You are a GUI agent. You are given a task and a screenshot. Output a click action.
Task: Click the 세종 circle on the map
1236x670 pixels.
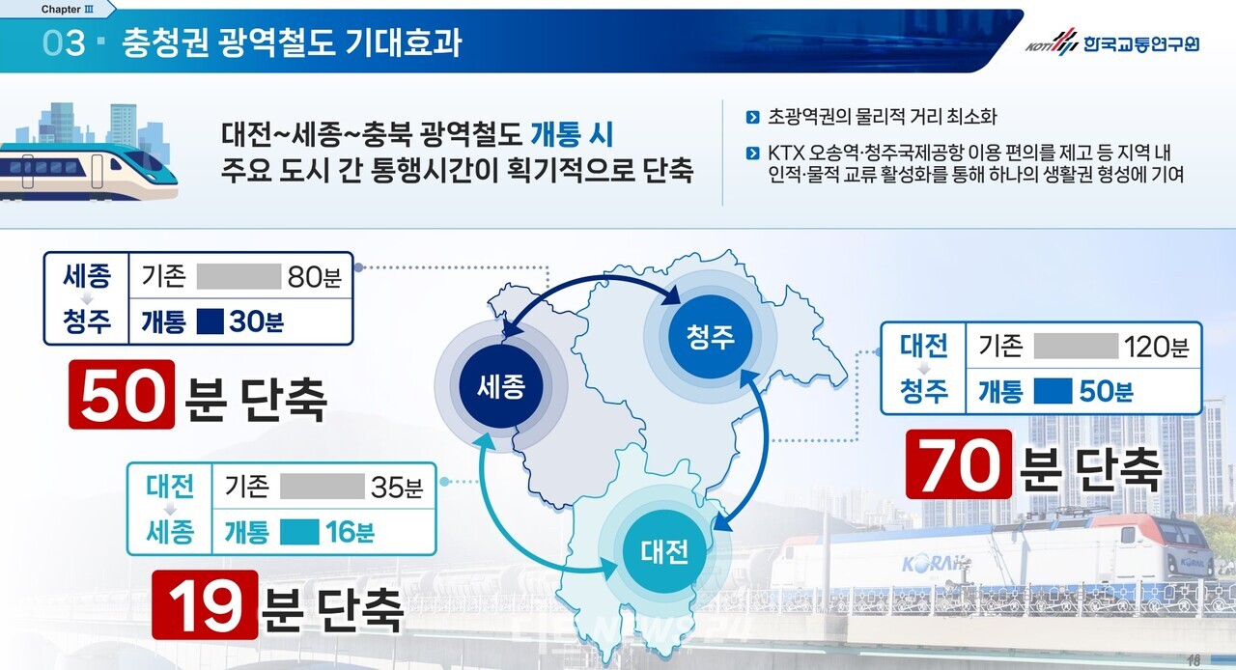click(x=499, y=387)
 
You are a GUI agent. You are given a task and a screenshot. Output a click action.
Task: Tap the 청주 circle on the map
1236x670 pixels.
click(x=711, y=336)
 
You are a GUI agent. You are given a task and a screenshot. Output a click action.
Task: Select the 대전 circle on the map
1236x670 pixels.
click(x=664, y=551)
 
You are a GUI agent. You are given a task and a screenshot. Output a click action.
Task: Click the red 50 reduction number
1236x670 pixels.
click(x=122, y=395)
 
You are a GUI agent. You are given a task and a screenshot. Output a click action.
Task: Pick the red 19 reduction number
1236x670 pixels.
click(x=205, y=604)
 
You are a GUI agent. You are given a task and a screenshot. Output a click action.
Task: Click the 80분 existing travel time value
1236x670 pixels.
click(x=314, y=277)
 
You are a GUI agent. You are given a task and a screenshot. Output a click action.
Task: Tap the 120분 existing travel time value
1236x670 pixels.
click(x=1157, y=346)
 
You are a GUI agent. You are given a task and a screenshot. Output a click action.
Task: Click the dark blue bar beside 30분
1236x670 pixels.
click(x=210, y=321)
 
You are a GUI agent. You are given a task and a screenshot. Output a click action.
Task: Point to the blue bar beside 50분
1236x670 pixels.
click(x=1052, y=390)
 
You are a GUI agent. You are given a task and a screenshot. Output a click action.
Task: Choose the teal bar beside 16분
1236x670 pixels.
click(x=299, y=531)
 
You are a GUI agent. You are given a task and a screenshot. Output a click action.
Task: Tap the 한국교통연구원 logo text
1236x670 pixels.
click(x=1139, y=43)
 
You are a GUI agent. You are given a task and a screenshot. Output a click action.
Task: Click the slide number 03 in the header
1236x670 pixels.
click(x=64, y=44)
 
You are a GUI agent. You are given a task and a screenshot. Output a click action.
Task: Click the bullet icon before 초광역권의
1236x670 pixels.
click(x=752, y=118)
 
